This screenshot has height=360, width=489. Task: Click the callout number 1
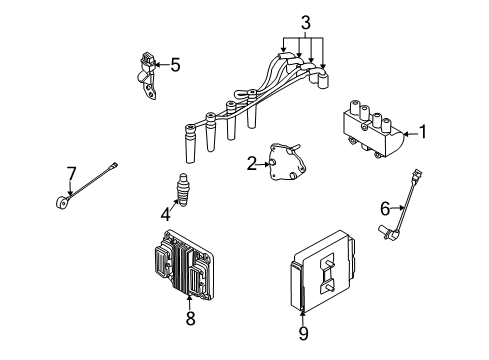(x=423, y=131)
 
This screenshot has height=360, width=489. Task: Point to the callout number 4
(x=166, y=212)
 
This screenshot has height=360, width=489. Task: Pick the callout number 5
(x=175, y=66)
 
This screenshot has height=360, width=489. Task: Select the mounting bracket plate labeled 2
(x=287, y=166)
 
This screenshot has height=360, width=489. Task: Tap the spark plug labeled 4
(x=184, y=188)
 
